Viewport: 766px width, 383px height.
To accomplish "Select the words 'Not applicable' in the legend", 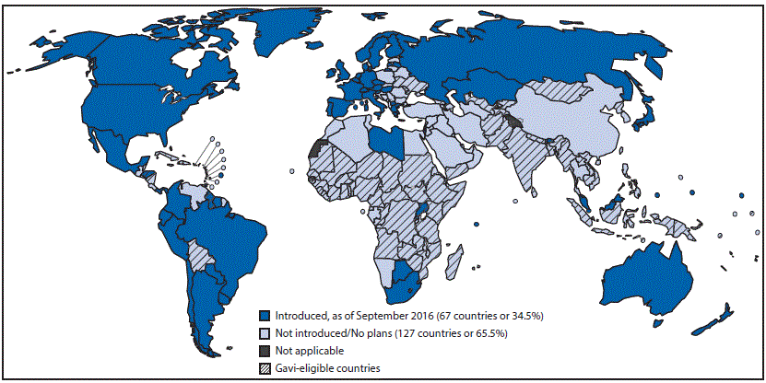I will pos(306,351).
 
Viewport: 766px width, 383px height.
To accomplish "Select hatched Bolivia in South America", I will pos(195,250).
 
